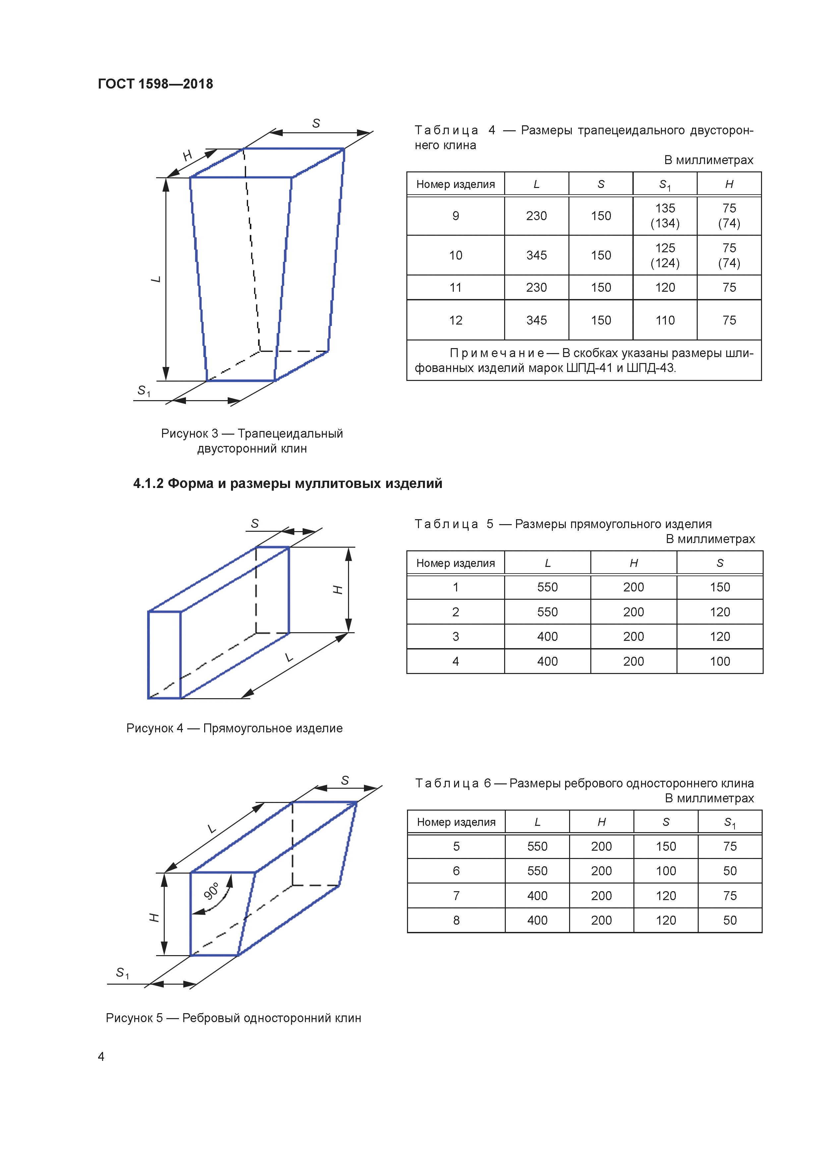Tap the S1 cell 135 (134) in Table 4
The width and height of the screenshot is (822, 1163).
click(665, 216)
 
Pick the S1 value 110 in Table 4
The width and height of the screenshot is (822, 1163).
click(665, 320)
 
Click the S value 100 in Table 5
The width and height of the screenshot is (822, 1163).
click(719, 661)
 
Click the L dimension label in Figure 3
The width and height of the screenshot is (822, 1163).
click(156, 279)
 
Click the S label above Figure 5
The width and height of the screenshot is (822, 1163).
click(345, 780)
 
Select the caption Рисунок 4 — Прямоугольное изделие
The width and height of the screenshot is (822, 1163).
click(234, 728)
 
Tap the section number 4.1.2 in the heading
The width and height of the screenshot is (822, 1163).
click(148, 483)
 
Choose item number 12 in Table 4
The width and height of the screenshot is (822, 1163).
click(455, 320)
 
